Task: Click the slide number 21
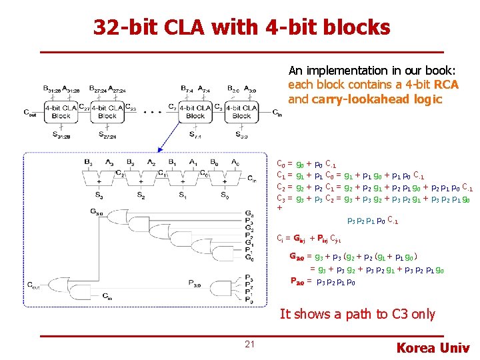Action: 250,344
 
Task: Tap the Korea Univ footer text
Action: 433,347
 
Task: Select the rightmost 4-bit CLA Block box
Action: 241,111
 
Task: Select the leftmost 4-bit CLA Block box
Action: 61,111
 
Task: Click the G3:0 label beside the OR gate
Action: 97,213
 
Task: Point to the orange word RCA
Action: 446,85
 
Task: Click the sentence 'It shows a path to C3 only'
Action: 357,314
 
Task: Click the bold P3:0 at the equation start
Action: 297,280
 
